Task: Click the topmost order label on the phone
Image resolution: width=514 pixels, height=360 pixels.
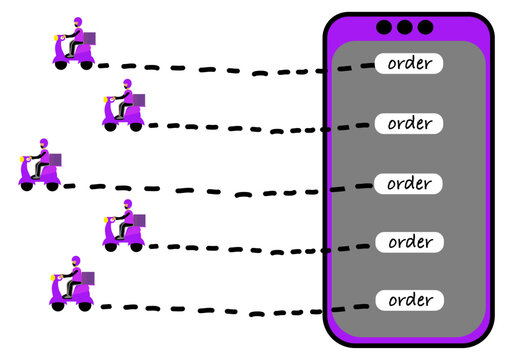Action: click(x=410, y=63)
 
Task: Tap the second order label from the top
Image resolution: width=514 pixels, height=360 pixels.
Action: click(x=410, y=124)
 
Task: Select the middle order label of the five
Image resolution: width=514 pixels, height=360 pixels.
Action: click(x=410, y=184)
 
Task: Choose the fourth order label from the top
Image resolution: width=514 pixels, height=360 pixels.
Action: click(x=410, y=242)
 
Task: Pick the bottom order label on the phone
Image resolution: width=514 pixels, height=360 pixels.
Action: click(x=410, y=300)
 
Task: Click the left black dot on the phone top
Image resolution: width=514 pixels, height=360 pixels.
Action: click(x=386, y=28)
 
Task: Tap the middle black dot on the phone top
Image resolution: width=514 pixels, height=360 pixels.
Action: click(x=406, y=28)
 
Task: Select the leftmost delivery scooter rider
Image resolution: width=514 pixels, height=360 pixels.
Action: click(x=41, y=166)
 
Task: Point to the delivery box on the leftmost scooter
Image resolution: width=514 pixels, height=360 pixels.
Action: click(x=55, y=159)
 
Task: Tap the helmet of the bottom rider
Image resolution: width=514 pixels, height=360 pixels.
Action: click(x=70, y=261)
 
